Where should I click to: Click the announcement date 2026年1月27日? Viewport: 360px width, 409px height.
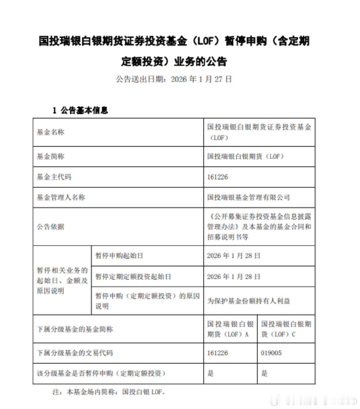[201, 79]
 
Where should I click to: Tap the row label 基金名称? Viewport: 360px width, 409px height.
[50, 132]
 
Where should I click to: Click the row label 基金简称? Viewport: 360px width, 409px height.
[50, 156]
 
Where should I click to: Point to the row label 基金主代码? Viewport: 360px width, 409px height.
[54, 177]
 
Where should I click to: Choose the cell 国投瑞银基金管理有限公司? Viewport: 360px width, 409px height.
[248, 198]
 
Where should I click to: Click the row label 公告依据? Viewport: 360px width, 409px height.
[50, 227]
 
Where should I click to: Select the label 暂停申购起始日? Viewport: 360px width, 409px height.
[119, 256]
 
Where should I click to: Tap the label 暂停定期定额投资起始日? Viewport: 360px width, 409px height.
[133, 276]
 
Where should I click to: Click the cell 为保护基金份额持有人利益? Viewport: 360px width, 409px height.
[248, 301]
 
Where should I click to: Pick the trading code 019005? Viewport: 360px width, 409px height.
[271, 353]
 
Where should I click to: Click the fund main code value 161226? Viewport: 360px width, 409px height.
[217, 177]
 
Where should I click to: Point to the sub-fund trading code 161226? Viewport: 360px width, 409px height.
[217, 353]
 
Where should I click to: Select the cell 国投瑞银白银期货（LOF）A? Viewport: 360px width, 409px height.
[230, 329]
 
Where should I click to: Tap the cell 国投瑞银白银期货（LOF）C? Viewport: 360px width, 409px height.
[286, 329]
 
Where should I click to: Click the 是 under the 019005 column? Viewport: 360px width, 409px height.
[264, 373]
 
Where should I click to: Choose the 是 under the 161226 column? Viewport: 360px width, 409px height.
[210, 373]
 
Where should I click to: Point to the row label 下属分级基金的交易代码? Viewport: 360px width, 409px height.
[75, 353]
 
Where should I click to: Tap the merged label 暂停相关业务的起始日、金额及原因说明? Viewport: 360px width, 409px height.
[62, 280]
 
